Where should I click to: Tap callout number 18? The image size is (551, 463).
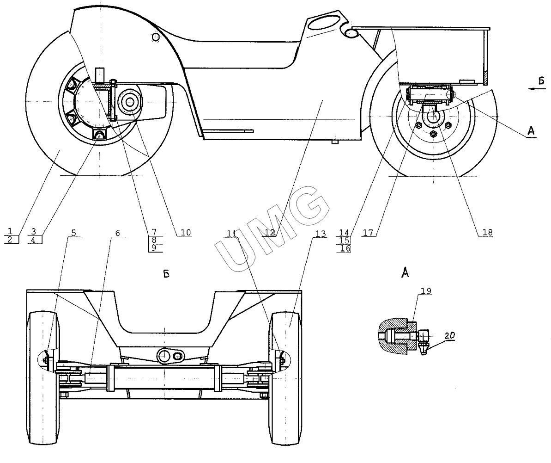487,232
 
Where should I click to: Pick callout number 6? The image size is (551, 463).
117,233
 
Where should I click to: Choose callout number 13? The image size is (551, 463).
318,233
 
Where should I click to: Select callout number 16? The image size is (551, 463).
345,248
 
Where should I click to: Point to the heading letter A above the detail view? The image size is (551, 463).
405,273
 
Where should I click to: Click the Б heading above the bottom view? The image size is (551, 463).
166,274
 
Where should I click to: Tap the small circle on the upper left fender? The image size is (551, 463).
156,37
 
